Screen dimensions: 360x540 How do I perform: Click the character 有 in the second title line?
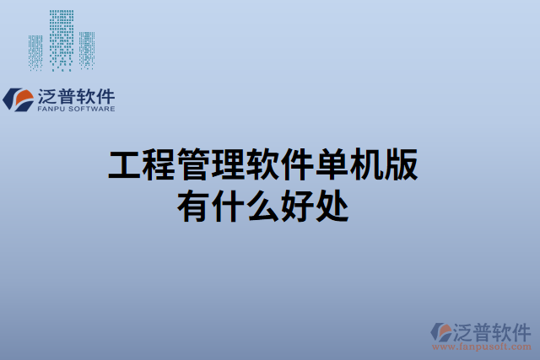coord(193,205)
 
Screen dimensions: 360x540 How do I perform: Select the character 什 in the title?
coord(228,205)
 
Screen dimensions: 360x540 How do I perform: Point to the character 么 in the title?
coord(262,205)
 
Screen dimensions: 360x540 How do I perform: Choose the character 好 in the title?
coord(297,205)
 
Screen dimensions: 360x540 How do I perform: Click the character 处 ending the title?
coord(332,205)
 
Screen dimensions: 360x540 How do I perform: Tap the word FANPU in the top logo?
coord(52,108)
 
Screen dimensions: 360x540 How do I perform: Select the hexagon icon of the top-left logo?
coord(18,100)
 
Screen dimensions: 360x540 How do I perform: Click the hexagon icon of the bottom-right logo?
coord(440,332)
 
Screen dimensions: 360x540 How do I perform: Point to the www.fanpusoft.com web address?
coord(483,346)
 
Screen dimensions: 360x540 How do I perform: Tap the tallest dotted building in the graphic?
coord(61,39)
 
